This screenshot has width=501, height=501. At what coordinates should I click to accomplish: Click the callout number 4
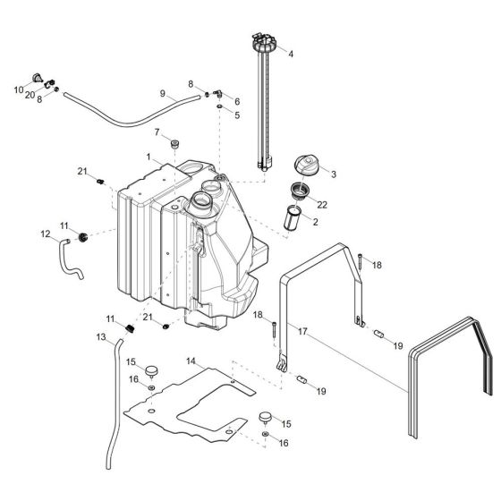pos(290,53)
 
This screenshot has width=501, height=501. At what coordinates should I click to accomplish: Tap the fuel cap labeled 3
pos(305,164)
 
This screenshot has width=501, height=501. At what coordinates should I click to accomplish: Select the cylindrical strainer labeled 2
pos(292,218)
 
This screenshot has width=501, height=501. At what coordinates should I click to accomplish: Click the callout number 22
pos(322,205)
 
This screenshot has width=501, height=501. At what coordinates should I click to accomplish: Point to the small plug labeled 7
pos(175,142)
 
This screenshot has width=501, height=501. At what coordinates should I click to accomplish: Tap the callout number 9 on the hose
pos(163,93)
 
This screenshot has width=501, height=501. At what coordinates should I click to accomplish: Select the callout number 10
pos(17,89)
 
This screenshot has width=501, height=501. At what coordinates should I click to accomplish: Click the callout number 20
pos(30,95)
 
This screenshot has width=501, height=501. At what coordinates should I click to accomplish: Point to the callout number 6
pos(237,101)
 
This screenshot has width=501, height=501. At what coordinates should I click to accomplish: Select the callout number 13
pos(101,336)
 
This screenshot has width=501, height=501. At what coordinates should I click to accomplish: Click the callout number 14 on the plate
pos(191,361)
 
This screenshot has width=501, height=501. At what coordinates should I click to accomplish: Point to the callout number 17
pos(303,331)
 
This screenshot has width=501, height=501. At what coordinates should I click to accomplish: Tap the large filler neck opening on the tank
pos(199,203)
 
